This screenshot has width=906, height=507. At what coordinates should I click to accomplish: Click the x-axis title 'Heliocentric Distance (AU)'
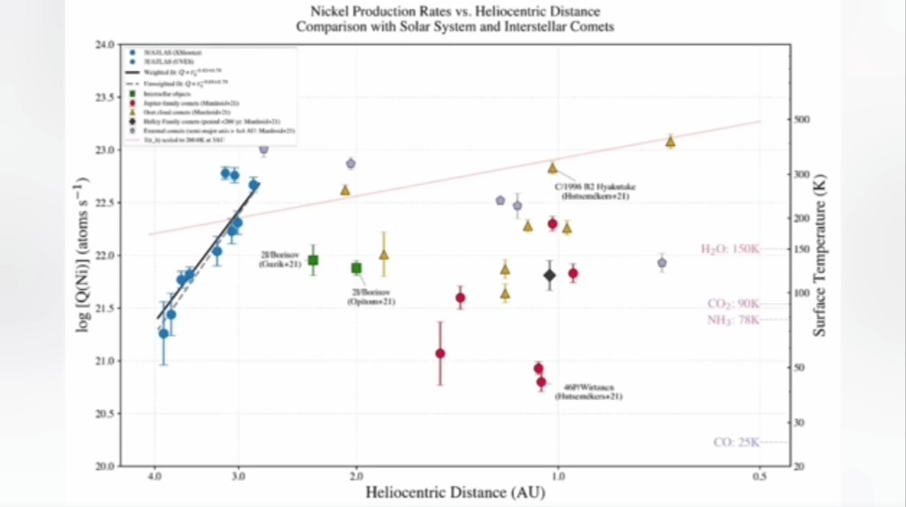pyautogui.click(x=455, y=493)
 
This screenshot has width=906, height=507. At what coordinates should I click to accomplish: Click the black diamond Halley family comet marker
pyautogui.click(x=549, y=275)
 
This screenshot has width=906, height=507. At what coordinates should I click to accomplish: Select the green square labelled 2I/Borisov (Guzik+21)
pyautogui.click(x=313, y=260)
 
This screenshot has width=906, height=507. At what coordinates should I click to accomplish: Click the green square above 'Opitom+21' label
pyautogui.click(x=356, y=267)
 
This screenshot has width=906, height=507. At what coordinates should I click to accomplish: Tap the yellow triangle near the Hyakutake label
pyautogui.click(x=553, y=167)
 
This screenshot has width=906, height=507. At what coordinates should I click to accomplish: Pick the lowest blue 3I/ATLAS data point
pyautogui.click(x=163, y=333)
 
